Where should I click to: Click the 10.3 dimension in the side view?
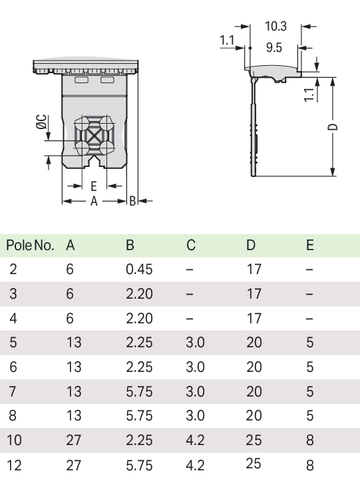click(275, 26)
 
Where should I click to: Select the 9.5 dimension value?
click(274, 47)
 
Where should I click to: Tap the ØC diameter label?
click(41, 122)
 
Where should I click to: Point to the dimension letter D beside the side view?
click(333, 127)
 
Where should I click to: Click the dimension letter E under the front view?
click(94, 186)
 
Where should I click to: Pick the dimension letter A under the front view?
click(94, 201)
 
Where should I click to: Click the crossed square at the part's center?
click(95, 136)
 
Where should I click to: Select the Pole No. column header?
click(30, 245)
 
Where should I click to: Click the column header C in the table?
click(191, 245)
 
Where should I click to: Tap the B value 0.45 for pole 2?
click(139, 269)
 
